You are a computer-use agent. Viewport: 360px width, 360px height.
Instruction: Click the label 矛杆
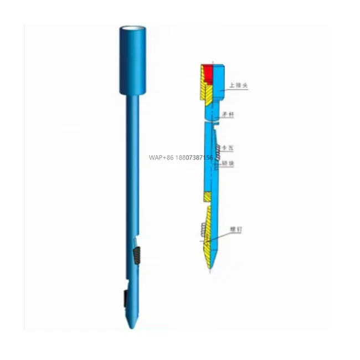pos(228,115)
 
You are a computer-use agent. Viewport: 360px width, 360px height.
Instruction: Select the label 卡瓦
pos(227,147)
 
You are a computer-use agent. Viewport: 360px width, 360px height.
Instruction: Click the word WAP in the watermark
pos(156,158)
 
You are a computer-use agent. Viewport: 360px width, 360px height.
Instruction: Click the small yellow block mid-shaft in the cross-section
pos(206,196)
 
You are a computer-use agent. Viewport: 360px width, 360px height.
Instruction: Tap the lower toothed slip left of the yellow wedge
pos(200,229)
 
